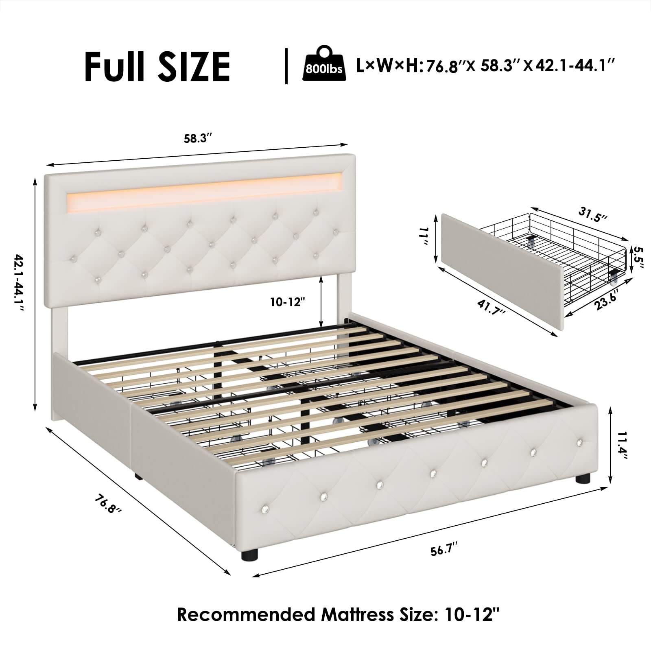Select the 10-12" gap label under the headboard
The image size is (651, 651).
pyautogui.click(x=288, y=302)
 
